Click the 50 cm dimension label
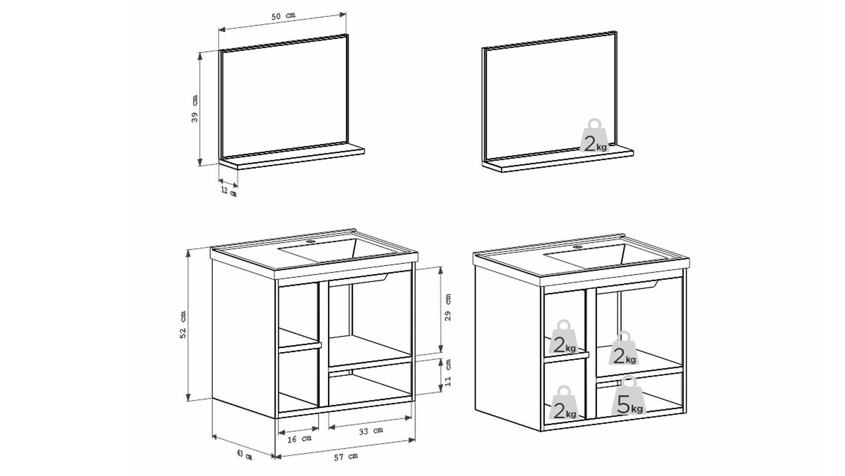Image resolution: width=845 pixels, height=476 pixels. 283,16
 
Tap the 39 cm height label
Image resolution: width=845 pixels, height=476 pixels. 195,108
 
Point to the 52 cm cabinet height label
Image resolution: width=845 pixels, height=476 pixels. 183,325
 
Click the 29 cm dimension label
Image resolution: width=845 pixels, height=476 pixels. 448,307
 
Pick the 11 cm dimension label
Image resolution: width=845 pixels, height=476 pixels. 448,373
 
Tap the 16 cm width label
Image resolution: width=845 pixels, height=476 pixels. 299,439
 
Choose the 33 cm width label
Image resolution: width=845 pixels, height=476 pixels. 371,431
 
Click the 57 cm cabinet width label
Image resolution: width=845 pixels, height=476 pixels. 345,457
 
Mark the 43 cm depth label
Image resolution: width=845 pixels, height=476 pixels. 244,454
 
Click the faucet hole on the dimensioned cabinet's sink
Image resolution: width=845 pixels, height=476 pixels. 311,242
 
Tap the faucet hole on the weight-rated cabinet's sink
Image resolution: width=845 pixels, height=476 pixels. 578,247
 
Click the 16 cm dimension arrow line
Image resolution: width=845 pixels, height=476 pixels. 298,430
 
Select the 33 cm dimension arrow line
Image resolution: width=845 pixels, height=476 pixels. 370,422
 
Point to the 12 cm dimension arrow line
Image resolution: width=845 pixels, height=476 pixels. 228,183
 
